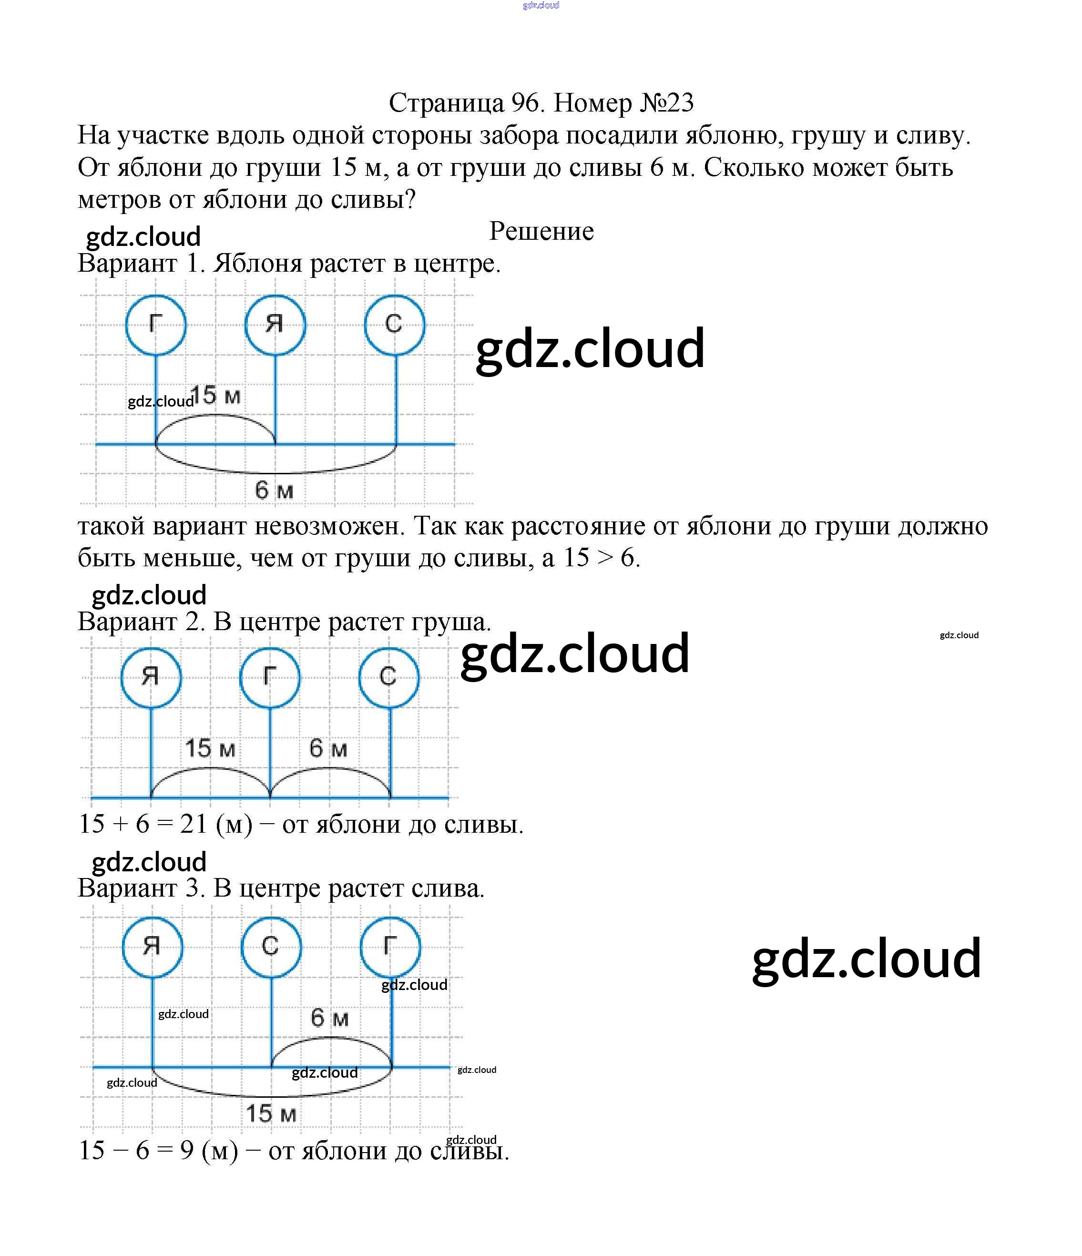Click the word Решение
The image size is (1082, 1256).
541,231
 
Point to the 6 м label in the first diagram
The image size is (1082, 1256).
274,490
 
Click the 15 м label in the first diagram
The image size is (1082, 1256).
216,395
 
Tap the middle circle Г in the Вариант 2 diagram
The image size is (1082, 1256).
270,677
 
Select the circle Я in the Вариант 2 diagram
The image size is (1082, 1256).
151,677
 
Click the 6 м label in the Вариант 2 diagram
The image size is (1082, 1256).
328,749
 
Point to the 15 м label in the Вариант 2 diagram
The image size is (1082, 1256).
210,749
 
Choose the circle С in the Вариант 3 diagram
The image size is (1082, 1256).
271,946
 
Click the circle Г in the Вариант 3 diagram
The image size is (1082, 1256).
390,946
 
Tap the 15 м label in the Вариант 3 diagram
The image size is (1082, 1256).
271,1113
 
